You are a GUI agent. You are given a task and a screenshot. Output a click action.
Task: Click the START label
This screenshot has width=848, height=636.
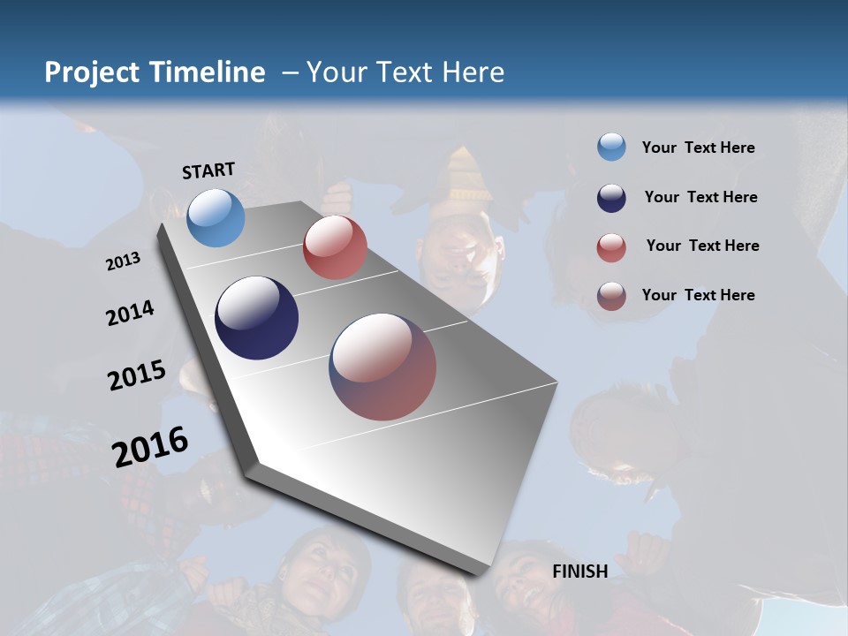(208, 170)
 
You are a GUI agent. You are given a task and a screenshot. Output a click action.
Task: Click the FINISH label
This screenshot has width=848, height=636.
(579, 572)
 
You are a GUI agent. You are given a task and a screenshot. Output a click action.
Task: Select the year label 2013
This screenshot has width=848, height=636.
(124, 261)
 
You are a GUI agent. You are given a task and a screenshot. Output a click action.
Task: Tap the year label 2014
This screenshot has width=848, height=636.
(130, 314)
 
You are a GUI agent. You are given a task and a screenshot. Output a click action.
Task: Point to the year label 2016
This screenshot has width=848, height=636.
(150, 447)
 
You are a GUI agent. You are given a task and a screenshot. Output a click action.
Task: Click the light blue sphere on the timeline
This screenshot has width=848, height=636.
(216, 217)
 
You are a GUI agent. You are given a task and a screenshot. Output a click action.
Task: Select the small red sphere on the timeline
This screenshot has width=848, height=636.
(335, 247)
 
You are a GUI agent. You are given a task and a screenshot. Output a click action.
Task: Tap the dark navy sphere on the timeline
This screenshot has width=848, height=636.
(256, 318)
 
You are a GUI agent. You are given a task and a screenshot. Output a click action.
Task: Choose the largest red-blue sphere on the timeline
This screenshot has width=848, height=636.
(382, 367)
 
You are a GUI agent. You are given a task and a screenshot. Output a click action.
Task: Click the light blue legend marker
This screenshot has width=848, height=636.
(611, 147)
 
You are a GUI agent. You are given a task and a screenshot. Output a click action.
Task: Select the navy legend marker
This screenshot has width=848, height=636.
(611, 198)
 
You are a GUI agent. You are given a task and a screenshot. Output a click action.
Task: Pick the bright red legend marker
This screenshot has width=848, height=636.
(611, 247)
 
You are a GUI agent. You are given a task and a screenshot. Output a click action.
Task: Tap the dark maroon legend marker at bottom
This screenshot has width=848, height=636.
(611, 296)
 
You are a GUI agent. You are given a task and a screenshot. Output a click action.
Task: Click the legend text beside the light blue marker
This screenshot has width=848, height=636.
(698, 148)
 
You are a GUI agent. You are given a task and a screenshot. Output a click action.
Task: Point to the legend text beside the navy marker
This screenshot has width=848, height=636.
(700, 197)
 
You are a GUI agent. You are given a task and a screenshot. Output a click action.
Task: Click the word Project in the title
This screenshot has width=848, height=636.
(93, 72)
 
